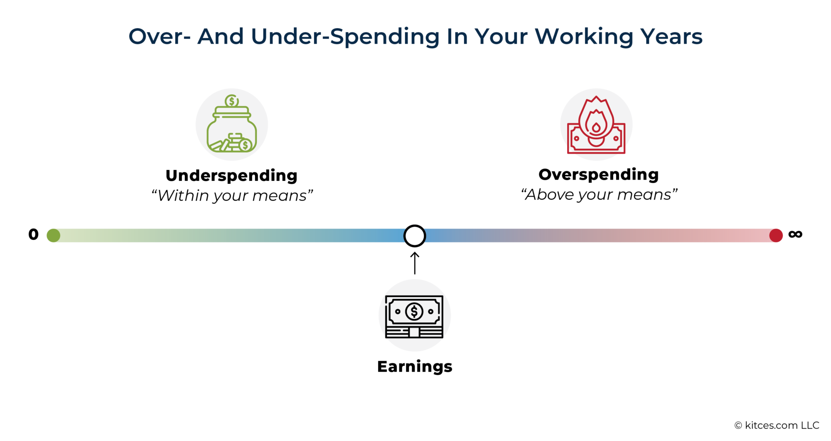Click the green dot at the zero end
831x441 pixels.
[53, 235]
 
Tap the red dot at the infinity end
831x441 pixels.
[776, 235]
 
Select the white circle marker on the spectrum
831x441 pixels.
[415, 236]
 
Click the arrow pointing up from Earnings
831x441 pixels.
[415, 263]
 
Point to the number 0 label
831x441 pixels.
[33, 234]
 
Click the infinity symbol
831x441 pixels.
[795, 234]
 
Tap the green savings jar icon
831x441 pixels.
[232, 125]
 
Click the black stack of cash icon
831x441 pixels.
[414, 316]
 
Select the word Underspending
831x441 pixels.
[231, 175]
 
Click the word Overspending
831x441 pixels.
[598, 175]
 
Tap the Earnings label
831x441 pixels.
[415, 367]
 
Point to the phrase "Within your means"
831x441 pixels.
[232, 195]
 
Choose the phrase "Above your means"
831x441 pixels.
[599, 195]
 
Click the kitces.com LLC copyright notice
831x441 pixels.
[777, 425]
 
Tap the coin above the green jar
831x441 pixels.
[231, 101]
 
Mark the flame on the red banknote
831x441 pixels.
[596, 118]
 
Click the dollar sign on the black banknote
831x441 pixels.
[414, 311]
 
